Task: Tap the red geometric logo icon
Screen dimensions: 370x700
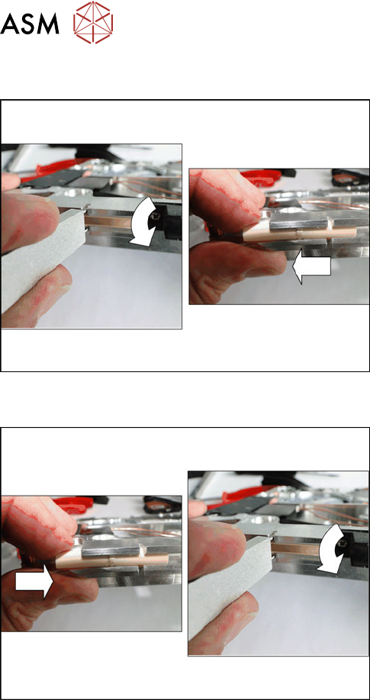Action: [x=93, y=22]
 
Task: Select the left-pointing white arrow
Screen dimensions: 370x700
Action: [x=311, y=270]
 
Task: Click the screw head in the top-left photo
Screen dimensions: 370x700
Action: [x=157, y=216]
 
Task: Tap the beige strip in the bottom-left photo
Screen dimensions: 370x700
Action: [x=111, y=560]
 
